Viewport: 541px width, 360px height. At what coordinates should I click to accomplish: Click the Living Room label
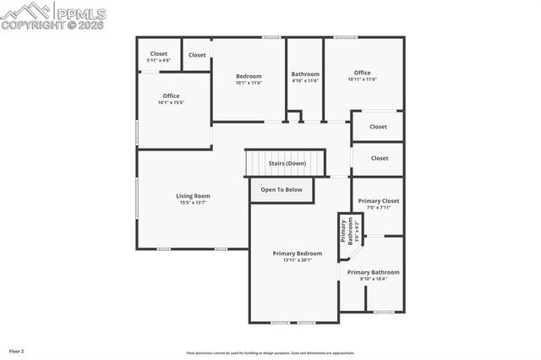pyautogui.click(x=193, y=195)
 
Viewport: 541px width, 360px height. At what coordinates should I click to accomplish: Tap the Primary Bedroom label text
pyautogui.click(x=297, y=253)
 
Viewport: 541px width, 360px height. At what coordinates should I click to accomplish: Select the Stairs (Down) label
pyautogui.click(x=287, y=163)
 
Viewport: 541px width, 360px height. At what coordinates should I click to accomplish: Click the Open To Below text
pyautogui.click(x=281, y=189)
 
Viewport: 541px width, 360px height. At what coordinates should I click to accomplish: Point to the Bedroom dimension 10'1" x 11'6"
pyautogui.click(x=249, y=83)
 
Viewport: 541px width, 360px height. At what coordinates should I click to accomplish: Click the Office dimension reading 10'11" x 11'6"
pyautogui.click(x=362, y=79)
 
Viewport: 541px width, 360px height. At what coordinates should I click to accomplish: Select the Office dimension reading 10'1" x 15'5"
pyautogui.click(x=170, y=103)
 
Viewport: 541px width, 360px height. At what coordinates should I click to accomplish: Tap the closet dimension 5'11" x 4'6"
pyautogui.click(x=159, y=61)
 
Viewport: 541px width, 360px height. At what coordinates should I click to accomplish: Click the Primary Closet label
pyautogui.click(x=379, y=200)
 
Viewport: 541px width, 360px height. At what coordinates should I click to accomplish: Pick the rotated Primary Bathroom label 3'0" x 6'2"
pyautogui.click(x=347, y=231)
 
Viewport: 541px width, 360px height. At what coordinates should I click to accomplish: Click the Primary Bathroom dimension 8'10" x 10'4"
pyautogui.click(x=373, y=279)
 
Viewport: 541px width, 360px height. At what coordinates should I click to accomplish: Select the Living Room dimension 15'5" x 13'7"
pyautogui.click(x=193, y=203)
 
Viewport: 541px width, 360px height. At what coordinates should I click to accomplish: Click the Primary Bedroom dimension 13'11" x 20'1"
pyautogui.click(x=297, y=260)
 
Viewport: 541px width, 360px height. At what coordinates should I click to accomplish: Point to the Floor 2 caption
pyautogui.click(x=17, y=350)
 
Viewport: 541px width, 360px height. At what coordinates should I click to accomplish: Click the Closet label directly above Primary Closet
pyautogui.click(x=379, y=158)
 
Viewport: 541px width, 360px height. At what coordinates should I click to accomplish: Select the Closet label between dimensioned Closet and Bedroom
pyautogui.click(x=197, y=55)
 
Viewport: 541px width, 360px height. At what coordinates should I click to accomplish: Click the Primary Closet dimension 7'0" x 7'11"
pyautogui.click(x=379, y=207)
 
